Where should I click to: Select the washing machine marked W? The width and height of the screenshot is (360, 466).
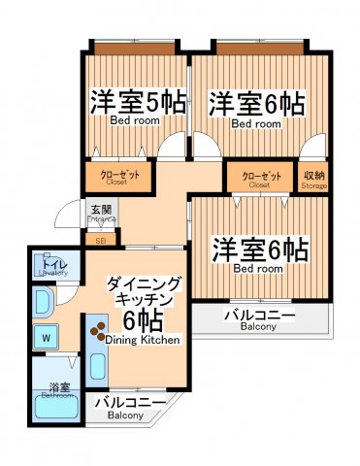46,339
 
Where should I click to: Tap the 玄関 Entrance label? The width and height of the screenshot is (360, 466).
102,214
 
